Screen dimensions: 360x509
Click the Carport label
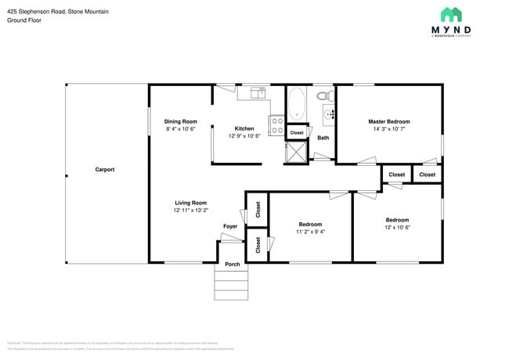(x=105, y=169)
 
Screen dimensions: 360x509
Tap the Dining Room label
(x=180, y=121)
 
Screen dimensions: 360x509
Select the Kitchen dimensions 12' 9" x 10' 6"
(x=244, y=136)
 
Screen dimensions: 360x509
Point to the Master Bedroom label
(x=389, y=121)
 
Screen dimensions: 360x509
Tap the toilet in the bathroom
(x=323, y=96)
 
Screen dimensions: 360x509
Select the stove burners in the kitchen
(x=276, y=125)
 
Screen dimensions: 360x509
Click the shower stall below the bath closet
(x=297, y=153)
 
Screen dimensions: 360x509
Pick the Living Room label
(x=190, y=202)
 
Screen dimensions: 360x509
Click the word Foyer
(x=230, y=226)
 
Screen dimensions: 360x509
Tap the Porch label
(x=233, y=264)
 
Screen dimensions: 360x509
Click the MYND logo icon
(x=450, y=14)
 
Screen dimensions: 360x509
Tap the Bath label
(x=323, y=138)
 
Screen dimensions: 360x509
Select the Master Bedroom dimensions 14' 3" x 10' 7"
(x=389, y=129)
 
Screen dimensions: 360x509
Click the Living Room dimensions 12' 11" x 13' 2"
(x=190, y=210)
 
